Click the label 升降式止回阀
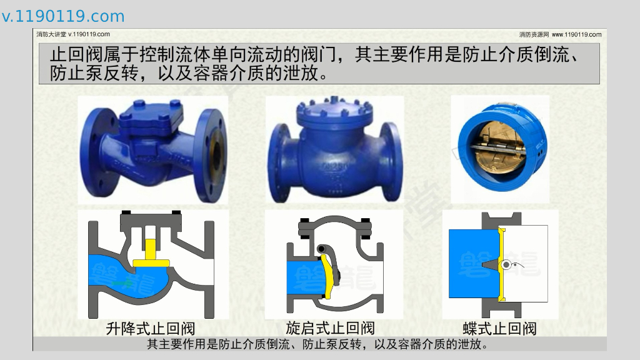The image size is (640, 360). click(151, 328)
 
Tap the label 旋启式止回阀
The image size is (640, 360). click(330, 327)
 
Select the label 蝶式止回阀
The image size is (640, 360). click(499, 328)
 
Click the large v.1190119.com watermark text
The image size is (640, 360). click(63, 16)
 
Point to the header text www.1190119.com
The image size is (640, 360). click(576, 35)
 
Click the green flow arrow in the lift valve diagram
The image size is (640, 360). click(122, 282)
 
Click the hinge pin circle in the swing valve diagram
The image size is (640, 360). click(322, 249)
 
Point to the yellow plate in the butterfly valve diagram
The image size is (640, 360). click(502, 264)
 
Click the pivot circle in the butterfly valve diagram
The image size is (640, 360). click(506, 265)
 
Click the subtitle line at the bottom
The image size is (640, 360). click(317, 344)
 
